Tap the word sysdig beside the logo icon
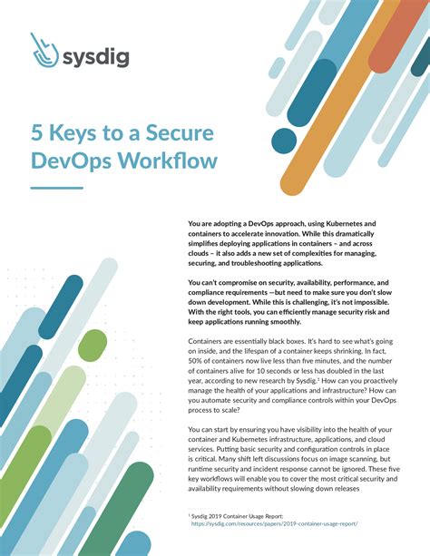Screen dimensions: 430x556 (x=95, y=57)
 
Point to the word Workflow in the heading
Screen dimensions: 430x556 (x=168, y=162)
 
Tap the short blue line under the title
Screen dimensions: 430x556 (x=56, y=189)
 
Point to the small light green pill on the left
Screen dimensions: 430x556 (x=92, y=346)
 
